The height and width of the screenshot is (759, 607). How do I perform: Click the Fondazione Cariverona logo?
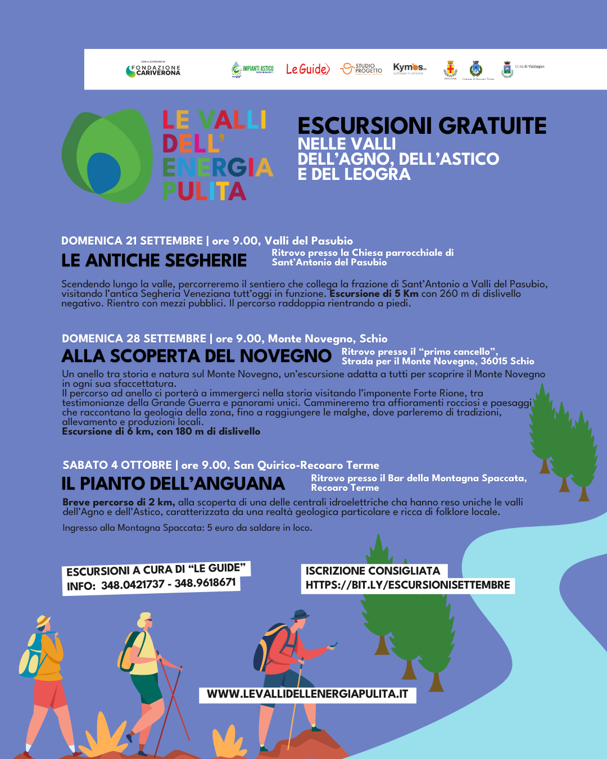point(153,70)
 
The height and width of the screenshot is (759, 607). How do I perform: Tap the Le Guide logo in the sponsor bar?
point(307,69)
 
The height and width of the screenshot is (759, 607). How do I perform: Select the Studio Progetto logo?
point(361,69)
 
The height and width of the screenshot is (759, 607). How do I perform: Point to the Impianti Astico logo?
point(252,69)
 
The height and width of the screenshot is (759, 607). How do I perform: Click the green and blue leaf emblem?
point(107,156)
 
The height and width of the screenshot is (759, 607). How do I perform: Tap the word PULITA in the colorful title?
point(204,191)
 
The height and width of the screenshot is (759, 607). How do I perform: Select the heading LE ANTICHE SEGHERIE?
point(154,260)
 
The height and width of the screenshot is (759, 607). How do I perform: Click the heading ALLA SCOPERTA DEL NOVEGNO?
point(196,356)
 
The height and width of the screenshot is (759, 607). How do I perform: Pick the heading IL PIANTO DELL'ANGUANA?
point(173,484)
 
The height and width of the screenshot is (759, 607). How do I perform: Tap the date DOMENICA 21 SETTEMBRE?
point(132,241)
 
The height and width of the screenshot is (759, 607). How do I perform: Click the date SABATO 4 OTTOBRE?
point(117,465)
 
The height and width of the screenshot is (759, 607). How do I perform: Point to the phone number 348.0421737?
point(133,585)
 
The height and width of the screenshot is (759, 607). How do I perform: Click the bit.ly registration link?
point(407,585)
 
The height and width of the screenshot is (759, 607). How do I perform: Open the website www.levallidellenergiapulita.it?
point(307,694)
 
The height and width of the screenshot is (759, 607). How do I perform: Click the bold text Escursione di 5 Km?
point(374,293)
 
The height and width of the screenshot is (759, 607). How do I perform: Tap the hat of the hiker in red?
point(300,614)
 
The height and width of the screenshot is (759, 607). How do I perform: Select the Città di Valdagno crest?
point(508,70)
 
